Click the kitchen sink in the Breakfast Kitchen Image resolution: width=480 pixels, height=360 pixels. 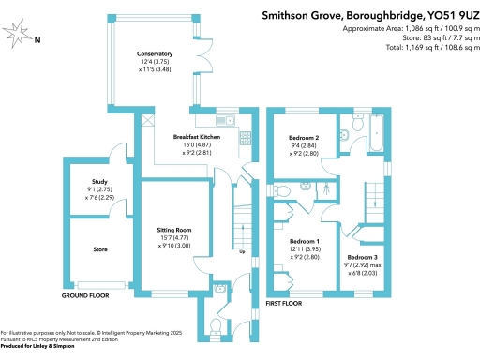click(x=225, y=120)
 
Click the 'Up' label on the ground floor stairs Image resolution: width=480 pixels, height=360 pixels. click(x=242, y=251)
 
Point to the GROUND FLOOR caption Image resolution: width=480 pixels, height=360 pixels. click(x=84, y=295)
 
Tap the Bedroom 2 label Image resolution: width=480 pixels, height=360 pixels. click(x=304, y=138)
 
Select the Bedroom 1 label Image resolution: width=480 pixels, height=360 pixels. click(x=305, y=241)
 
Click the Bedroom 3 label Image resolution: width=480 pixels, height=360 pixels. click(x=362, y=257)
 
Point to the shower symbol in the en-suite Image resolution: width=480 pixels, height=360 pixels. click(x=328, y=187)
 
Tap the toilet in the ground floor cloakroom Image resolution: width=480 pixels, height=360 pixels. click(x=217, y=324)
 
